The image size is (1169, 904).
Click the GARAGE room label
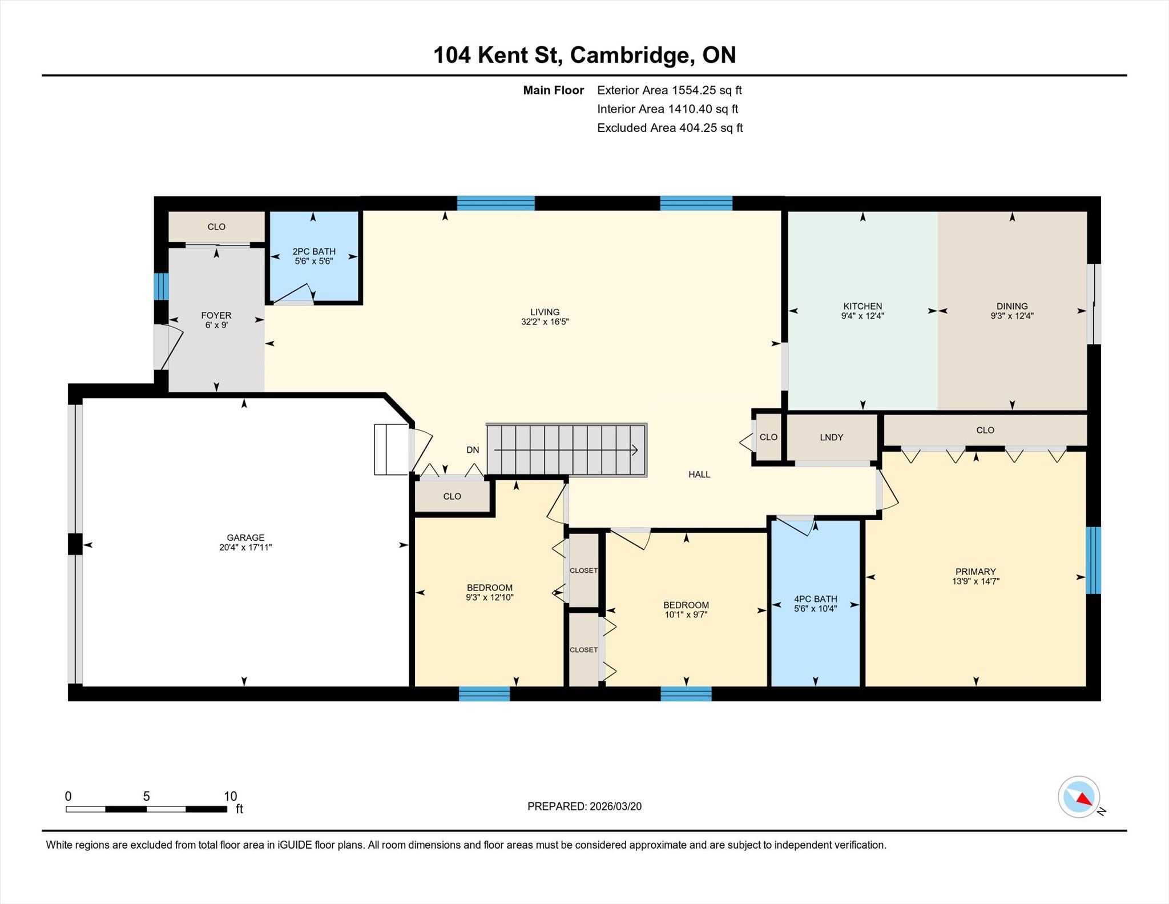245,537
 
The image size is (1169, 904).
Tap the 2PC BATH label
314,251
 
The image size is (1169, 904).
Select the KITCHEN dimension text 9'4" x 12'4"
862,316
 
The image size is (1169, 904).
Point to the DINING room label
1012,306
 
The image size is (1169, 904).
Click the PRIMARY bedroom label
975,572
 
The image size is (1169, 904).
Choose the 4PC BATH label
816,599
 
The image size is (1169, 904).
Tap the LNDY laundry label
832,437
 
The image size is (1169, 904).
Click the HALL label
699,475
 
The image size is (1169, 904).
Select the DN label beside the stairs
473,450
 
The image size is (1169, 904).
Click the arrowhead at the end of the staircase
635,450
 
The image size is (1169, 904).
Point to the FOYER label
216,315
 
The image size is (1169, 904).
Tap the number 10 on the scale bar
230,796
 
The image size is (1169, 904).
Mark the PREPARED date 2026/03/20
615,806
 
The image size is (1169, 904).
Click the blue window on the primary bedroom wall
1093,560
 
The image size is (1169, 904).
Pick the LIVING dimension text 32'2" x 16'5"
545,322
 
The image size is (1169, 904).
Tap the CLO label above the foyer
216,227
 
